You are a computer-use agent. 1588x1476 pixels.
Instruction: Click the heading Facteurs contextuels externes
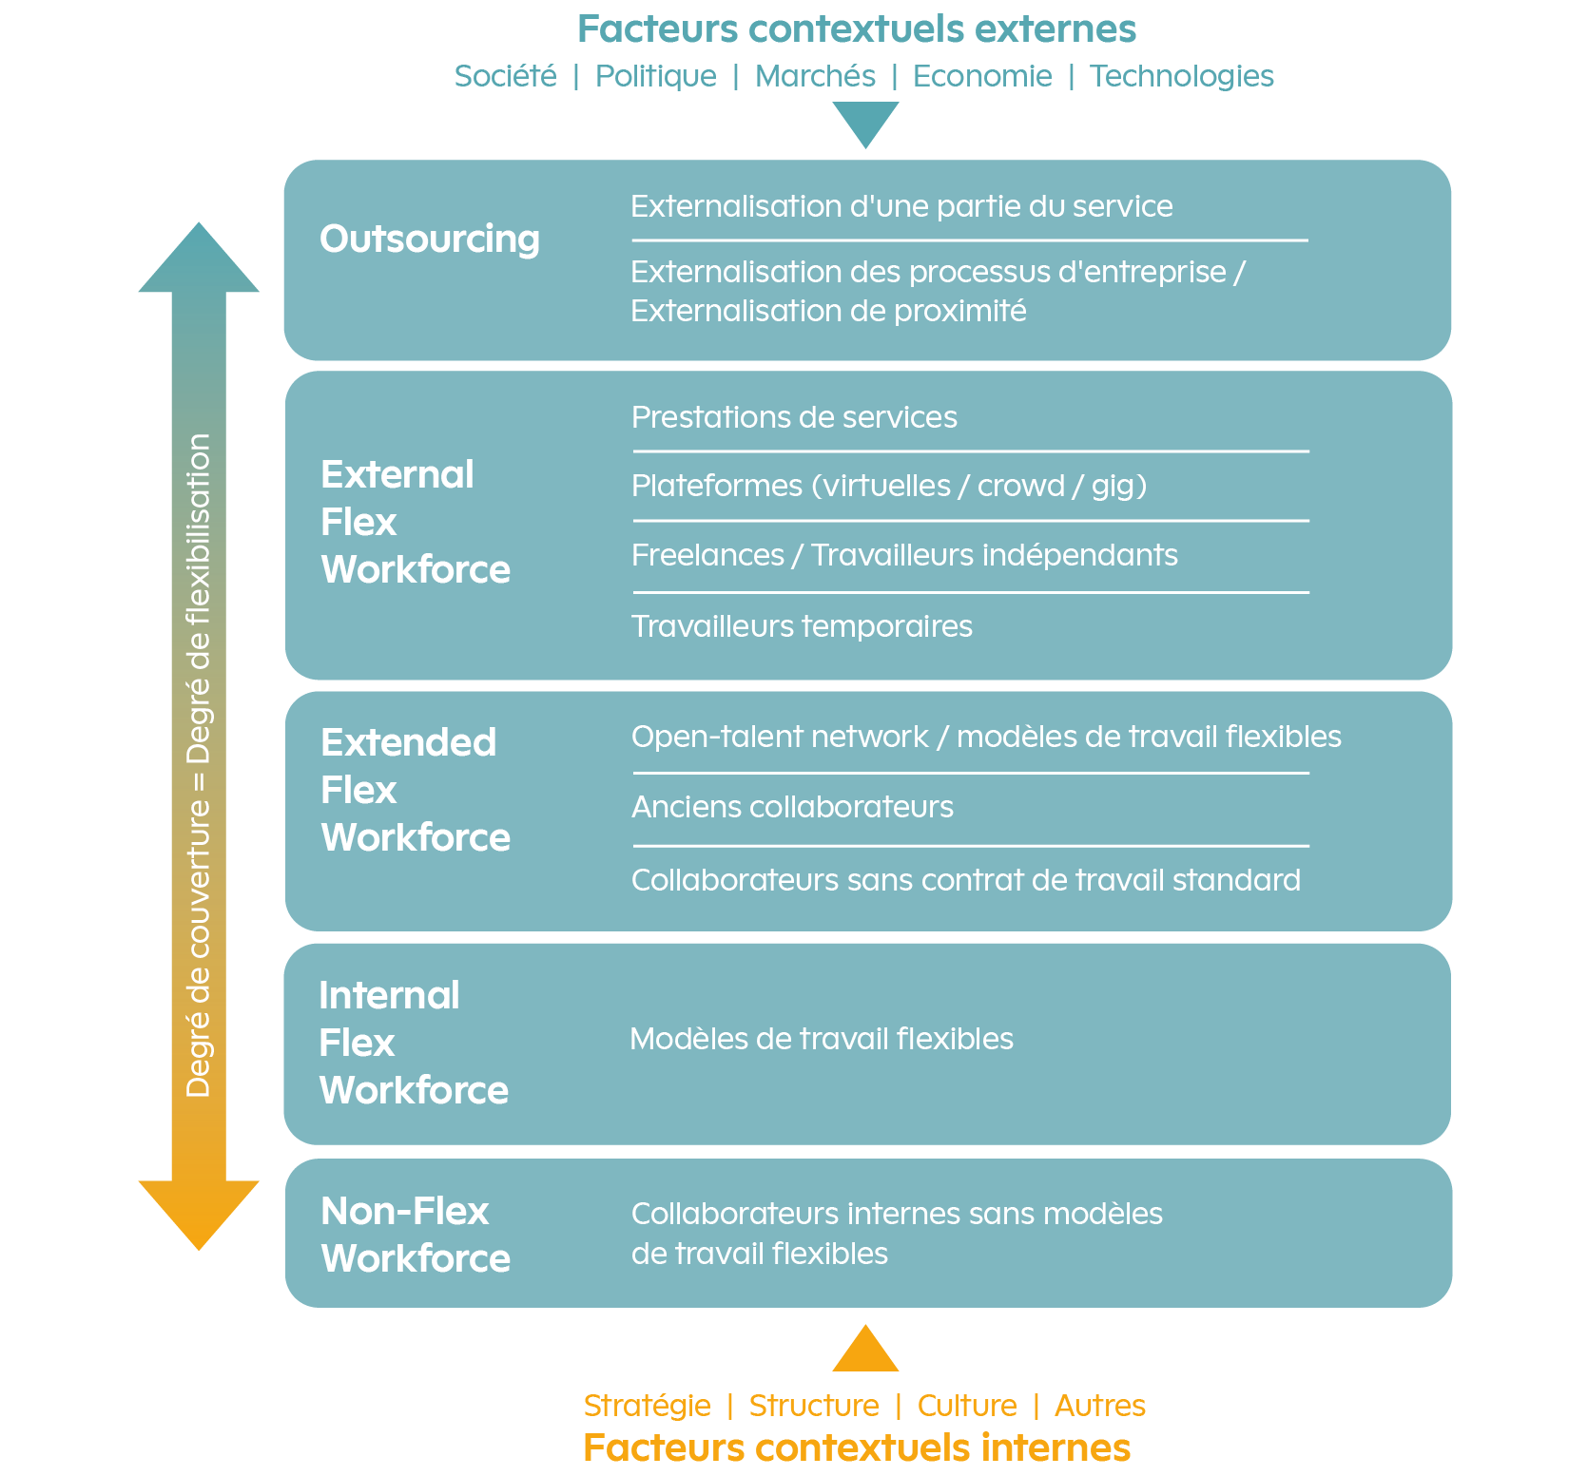tap(857, 29)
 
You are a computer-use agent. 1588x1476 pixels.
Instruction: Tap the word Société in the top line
tap(506, 76)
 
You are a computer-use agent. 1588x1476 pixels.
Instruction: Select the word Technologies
tap(1182, 76)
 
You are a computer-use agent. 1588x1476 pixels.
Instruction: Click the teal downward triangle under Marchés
tap(865, 125)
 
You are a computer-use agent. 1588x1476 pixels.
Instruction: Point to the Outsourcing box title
tap(430, 239)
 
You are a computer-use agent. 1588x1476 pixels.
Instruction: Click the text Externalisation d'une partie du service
tap(901, 206)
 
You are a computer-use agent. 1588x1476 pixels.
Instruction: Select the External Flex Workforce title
tap(416, 522)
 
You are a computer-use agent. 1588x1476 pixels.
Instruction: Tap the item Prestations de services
tap(794, 417)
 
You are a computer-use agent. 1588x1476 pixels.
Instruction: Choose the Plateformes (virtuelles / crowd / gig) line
tap(889, 486)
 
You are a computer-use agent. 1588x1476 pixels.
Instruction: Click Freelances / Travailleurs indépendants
tap(904, 555)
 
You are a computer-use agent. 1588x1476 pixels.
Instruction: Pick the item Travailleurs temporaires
tap(802, 626)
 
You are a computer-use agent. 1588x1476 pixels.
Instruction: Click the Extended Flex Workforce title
tap(416, 790)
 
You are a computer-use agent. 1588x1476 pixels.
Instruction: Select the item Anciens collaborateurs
tap(792, 807)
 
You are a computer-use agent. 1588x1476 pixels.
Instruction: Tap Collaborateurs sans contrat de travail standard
tap(966, 880)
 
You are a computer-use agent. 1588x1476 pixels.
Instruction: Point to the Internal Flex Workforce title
tap(414, 1043)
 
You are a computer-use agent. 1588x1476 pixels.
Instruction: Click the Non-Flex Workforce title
tap(416, 1235)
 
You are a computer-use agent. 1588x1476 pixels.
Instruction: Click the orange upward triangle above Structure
tap(865, 1349)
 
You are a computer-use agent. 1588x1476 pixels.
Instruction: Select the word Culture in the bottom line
tap(967, 1406)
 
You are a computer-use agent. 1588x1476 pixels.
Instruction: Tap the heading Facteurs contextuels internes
tap(857, 1448)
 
